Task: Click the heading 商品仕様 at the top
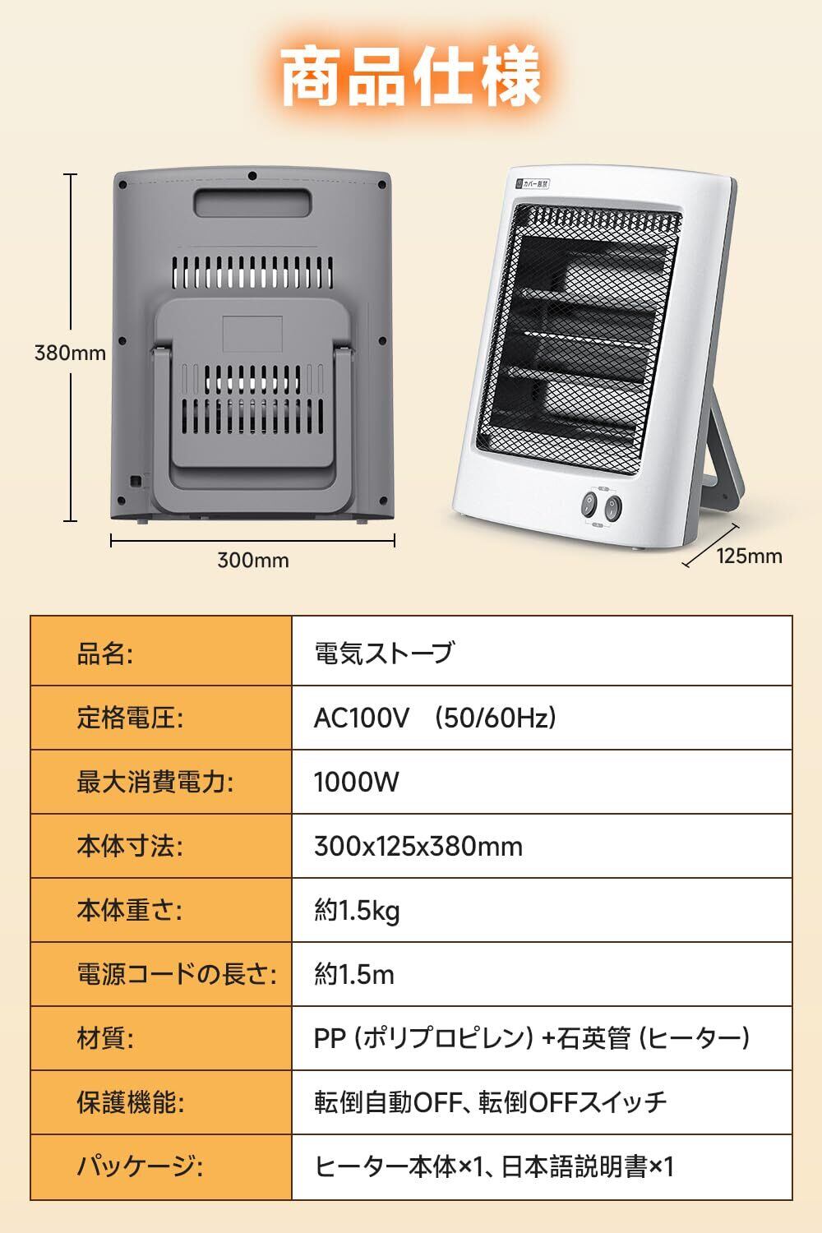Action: click(411, 78)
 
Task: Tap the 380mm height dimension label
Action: click(70, 353)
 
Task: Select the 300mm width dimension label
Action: click(252, 561)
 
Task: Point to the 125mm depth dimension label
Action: click(749, 556)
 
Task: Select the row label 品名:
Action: click(104, 653)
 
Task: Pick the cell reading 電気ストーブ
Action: click(384, 653)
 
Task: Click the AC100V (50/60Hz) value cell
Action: click(436, 718)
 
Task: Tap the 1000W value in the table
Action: click(356, 782)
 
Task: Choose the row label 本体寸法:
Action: click(130, 846)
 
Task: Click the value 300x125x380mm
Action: click(418, 846)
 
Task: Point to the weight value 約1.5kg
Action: click(357, 911)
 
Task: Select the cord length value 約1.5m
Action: click(354, 975)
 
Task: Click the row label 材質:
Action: click(104, 1038)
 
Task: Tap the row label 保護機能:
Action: click(130, 1102)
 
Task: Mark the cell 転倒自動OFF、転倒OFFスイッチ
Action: click(490, 1102)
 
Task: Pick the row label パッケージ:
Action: click(140, 1166)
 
